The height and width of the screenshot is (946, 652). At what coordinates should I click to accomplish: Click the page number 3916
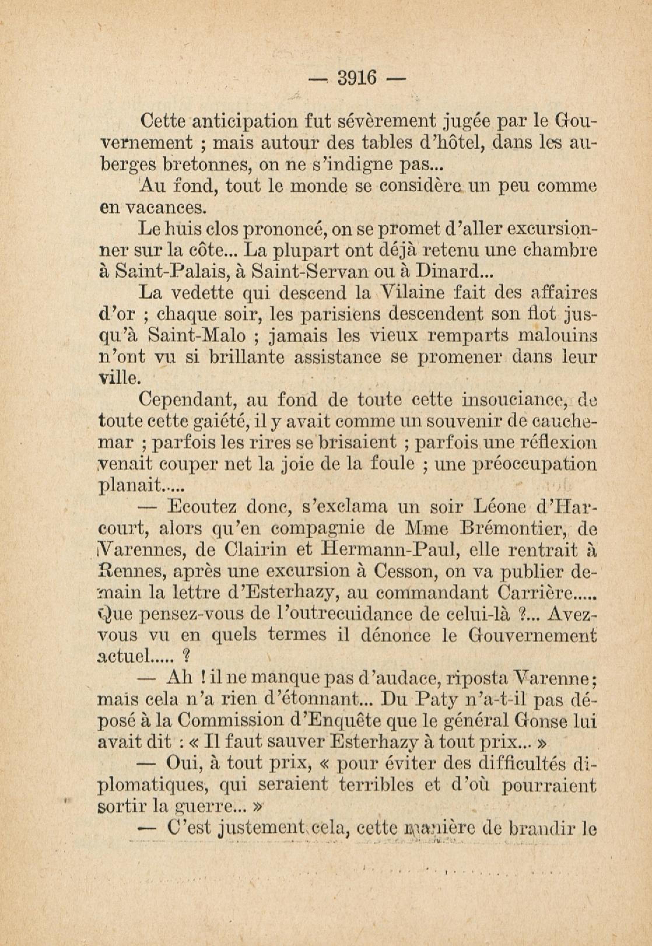356,78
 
